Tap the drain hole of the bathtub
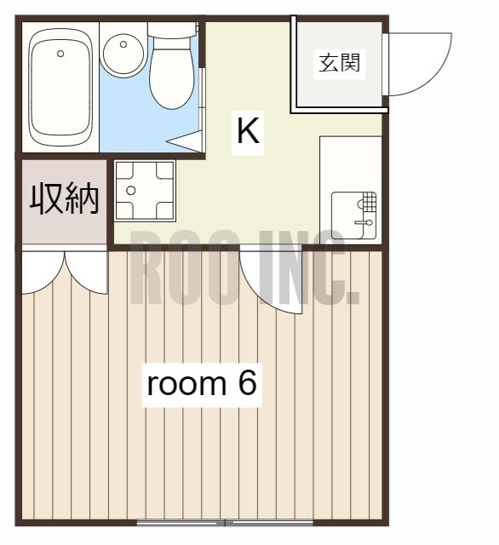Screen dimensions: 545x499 pos(60,54)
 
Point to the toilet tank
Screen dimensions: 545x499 pos(173,29)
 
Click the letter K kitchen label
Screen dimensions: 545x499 pos(248,132)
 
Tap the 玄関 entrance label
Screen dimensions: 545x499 pos(340,64)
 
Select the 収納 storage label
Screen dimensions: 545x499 pos(65,198)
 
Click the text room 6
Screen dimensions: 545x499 pos(202,383)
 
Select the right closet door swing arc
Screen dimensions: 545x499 pos(88,271)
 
